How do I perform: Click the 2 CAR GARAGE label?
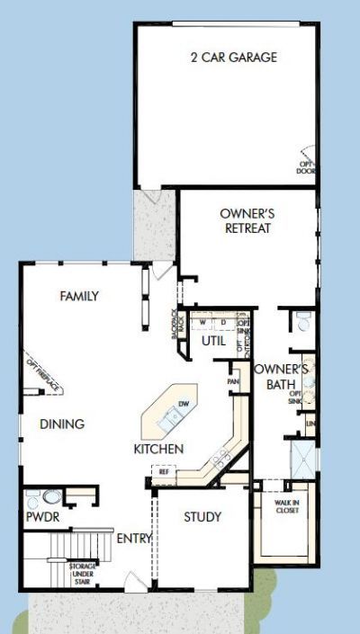point(233,58)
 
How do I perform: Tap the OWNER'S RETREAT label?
point(246,221)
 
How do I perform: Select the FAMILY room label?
point(79,296)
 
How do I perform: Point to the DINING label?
point(62,424)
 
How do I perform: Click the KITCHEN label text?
point(159,449)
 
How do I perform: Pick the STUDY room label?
point(202,517)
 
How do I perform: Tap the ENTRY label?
point(134,539)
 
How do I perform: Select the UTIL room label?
point(213,342)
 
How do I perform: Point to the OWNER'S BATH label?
point(281,377)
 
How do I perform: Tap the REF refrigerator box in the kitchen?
point(164,471)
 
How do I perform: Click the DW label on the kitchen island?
point(183,403)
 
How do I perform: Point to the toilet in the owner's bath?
point(304,320)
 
